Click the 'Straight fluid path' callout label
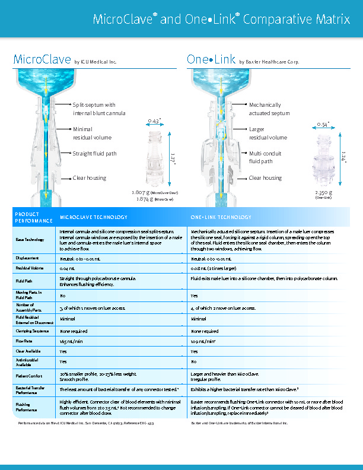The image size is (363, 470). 94,154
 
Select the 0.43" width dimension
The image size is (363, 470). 153,121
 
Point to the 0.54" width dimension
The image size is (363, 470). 322,125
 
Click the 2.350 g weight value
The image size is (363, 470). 323,192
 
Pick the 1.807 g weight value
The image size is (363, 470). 141,193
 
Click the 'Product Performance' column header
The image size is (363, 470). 27,217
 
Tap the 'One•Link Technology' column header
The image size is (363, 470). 221,217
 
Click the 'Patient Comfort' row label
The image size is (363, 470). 27,375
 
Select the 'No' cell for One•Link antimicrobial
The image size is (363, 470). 193,361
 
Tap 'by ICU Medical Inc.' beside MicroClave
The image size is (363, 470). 95,62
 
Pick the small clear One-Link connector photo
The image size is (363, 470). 323,159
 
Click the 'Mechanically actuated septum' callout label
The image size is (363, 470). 269,109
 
